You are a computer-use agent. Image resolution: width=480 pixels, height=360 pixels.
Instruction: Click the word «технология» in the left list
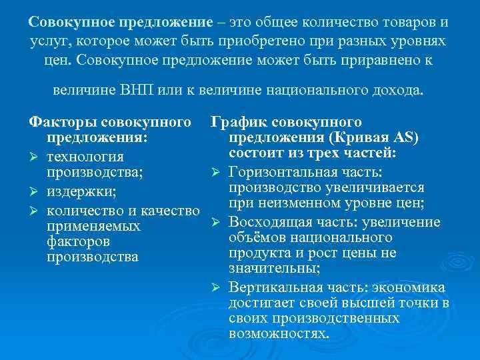tap(85, 157)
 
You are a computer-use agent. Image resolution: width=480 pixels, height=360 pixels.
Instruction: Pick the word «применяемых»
tap(93, 227)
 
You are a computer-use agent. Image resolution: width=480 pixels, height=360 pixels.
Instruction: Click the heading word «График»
tap(237, 123)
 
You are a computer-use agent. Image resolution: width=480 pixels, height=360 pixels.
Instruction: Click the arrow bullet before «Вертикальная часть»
tap(217, 287)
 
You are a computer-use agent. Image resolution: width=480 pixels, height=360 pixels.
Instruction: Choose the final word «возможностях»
tap(279, 333)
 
